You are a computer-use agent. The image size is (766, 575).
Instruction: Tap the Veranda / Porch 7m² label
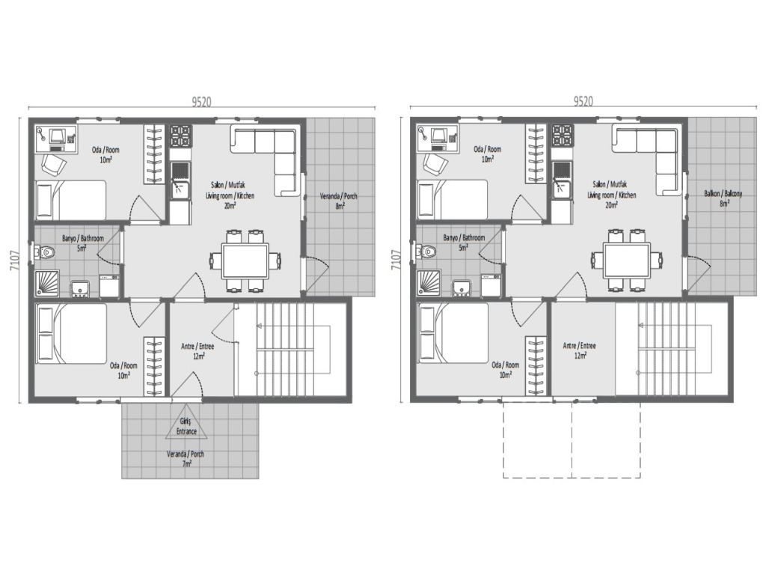tap(185, 458)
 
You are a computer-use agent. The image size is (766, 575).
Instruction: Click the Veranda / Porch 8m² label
tap(339, 201)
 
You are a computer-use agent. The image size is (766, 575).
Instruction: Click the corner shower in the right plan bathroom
tap(429, 283)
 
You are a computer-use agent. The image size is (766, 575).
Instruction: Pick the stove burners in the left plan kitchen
tap(180, 136)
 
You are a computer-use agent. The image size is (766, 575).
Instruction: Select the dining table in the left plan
tap(246, 261)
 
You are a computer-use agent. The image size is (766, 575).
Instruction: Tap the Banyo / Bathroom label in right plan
tap(463, 242)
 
